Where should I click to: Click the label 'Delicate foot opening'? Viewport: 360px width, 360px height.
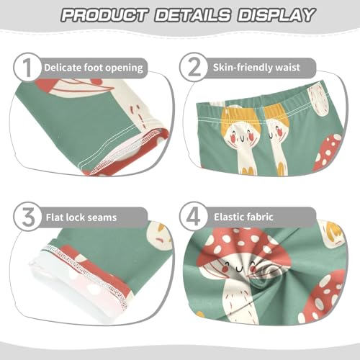click(93, 68)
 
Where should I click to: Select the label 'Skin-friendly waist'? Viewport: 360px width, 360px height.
click(263, 68)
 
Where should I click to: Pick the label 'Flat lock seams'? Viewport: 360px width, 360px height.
click(80, 216)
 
